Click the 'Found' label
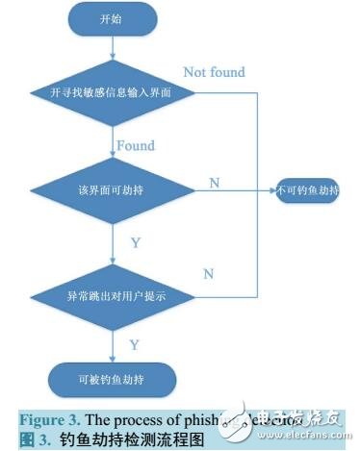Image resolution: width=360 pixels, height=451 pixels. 136,145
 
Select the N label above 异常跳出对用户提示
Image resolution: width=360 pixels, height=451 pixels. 209,274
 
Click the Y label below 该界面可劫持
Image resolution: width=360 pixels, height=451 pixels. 135,242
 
